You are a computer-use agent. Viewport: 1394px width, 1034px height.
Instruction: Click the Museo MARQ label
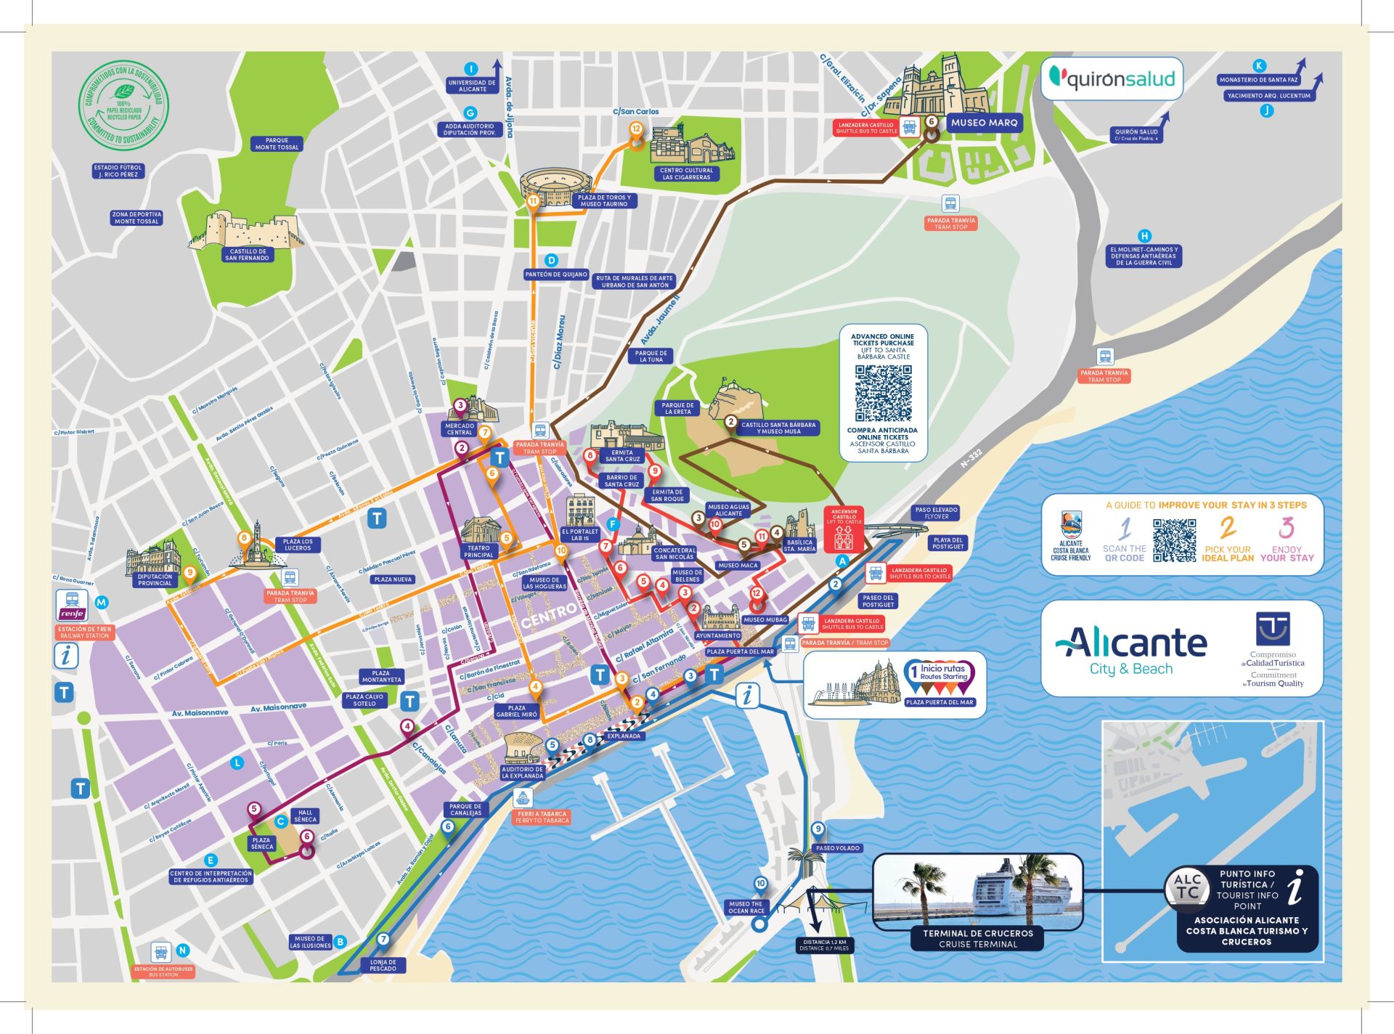pyautogui.click(x=985, y=123)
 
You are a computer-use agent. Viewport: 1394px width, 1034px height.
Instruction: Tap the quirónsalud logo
pyautogui.click(x=1112, y=78)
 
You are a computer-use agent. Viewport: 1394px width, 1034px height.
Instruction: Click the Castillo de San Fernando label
pyautogui.click(x=247, y=255)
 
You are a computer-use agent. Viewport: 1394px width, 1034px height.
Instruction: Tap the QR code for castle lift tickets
pyautogui.click(x=883, y=393)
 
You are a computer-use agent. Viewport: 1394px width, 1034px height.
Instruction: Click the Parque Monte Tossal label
pyautogui.click(x=277, y=144)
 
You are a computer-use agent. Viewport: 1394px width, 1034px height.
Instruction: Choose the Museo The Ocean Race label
pyautogui.click(x=746, y=907)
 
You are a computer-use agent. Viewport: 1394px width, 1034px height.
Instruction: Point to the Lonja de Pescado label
pyautogui.click(x=383, y=965)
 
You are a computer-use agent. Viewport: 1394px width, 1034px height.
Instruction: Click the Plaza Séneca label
pyautogui.click(x=262, y=843)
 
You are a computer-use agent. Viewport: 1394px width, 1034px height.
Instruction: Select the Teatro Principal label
pyautogui.click(x=478, y=552)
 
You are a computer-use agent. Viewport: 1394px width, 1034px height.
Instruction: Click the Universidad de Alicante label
pyautogui.click(x=472, y=86)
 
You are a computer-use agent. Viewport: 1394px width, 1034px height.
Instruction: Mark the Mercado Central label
pyautogui.click(x=459, y=429)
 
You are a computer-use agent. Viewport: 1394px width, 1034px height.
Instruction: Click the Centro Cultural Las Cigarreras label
pyautogui.click(x=686, y=174)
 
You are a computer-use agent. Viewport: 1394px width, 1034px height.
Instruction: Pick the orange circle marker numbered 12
pyautogui.click(x=636, y=129)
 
